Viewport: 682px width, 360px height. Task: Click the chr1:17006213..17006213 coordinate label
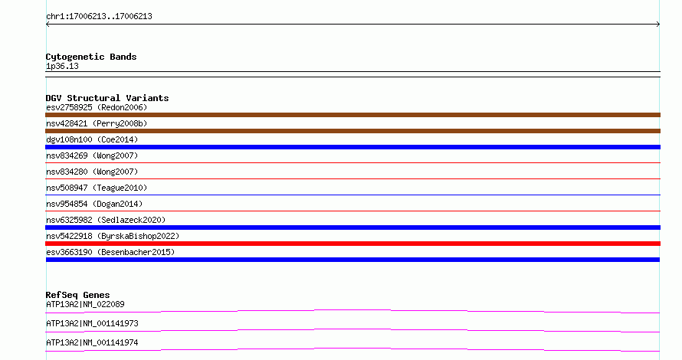point(99,17)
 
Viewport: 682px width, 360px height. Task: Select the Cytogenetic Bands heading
point(91,57)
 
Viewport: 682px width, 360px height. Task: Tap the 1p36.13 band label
point(62,66)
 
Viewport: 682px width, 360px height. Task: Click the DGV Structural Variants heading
point(107,98)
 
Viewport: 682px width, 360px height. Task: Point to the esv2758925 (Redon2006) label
point(97,107)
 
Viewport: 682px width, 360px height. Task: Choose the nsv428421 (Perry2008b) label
point(97,123)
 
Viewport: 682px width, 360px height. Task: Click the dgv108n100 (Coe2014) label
point(92,139)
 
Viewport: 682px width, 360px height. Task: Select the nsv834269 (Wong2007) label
point(92,155)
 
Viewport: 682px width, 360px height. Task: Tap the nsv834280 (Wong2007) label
point(92,172)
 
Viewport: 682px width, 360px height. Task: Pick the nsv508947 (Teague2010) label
point(97,188)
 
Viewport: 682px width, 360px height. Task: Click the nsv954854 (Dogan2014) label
point(94,204)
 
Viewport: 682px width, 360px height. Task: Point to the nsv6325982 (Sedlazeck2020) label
point(106,220)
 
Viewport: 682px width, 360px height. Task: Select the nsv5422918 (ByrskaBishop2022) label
point(113,236)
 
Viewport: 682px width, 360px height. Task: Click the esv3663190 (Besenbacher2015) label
point(110,252)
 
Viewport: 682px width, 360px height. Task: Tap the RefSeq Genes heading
point(77,295)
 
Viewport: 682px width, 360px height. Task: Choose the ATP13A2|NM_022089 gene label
point(85,304)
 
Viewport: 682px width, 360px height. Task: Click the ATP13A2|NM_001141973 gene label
point(92,323)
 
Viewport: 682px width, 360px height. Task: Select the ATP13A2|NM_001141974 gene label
point(92,342)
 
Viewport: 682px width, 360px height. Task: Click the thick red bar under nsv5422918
point(352,244)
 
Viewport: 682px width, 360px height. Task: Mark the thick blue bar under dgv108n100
point(352,147)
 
